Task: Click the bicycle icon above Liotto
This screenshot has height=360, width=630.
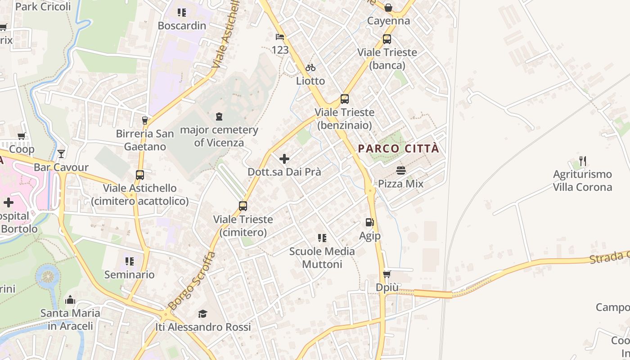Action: (310, 68)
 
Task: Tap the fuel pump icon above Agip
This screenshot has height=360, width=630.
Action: (369, 222)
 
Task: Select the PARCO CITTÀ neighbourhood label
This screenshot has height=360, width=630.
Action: (398, 149)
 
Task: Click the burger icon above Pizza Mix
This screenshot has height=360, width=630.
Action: (401, 171)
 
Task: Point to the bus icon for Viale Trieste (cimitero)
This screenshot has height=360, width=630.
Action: (243, 206)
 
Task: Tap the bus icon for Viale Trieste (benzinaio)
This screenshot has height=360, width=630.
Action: (345, 99)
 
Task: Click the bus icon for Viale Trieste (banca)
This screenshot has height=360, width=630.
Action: (387, 39)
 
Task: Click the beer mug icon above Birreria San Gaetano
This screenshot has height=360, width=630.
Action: (145, 121)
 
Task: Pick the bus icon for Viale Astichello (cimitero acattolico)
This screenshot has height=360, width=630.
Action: (140, 175)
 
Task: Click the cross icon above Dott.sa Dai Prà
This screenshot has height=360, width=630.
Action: (284, 159)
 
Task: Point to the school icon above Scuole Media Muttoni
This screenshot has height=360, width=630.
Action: (322, 238)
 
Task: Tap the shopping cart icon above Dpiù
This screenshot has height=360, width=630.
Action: (386, 274)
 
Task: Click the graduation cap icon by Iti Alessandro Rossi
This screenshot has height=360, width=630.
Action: (202, 314)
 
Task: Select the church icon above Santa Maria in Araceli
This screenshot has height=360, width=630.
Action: (70, 300)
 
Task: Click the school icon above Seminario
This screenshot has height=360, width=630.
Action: (130, 261)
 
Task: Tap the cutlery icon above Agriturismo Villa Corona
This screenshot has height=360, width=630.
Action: (583, 161)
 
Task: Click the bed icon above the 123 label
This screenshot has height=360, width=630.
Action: (280, 36)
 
